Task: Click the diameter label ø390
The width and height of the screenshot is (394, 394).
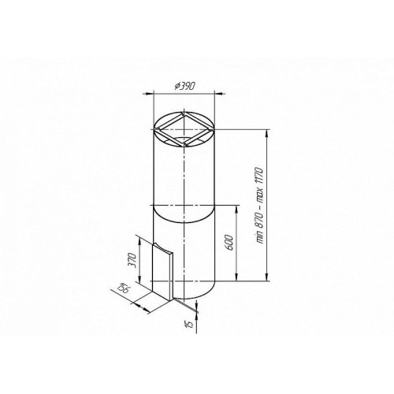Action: tap(185, 86)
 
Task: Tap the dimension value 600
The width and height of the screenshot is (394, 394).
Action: tap(229, 243)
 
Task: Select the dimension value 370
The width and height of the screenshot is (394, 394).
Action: tap(132, 260)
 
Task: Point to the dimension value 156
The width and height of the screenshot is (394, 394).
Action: tap(124, 289)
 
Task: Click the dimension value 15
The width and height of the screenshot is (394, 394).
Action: tap(189, 324)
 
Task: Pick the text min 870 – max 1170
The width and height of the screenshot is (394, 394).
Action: tap(259, 205)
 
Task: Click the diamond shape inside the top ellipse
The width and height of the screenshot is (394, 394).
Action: tap(184, 129)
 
